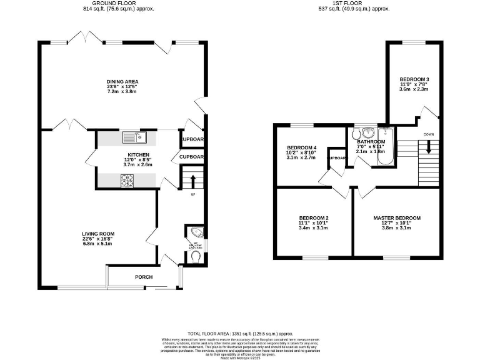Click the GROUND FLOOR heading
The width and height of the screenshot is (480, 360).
pos(118,4)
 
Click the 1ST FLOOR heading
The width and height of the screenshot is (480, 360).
pos(354,4)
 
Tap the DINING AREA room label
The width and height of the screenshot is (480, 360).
pos(122,82)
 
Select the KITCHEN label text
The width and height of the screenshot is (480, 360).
pos(137,154)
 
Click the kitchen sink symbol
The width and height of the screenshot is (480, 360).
pos(133,136)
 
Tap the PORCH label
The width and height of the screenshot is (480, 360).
pos(144,277)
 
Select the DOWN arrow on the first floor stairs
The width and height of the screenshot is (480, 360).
pos(429,147)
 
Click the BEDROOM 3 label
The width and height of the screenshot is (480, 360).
pos(414,79)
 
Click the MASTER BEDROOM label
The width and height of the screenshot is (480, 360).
pos(397,218)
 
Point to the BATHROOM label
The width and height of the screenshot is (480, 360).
pos(371,142)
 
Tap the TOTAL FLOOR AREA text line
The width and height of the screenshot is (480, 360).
pos(241,334)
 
